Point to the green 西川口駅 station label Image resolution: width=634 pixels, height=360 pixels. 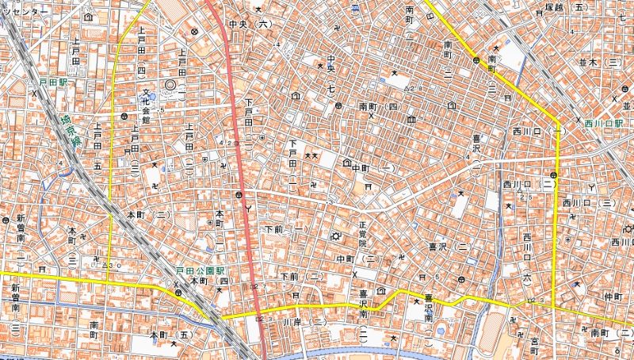click(604, 124)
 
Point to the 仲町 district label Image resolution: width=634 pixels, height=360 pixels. click(614, 295)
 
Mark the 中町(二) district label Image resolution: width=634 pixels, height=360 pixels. click(355, 259)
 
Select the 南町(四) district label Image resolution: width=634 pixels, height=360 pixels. click(379, 105)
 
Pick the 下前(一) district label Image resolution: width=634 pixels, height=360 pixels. click(287, 229)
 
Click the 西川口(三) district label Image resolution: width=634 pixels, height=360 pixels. click(589, 204)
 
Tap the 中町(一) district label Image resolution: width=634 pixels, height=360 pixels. click(373, 168)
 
